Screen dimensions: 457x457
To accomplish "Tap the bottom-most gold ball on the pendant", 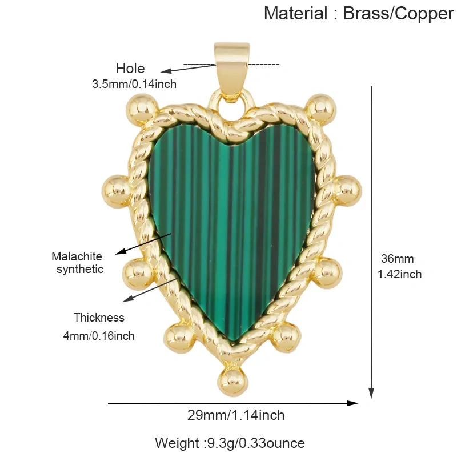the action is pyautogui.click(x=233, y=382).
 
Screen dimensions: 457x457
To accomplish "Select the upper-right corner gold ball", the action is pyautogui.click(x=322, y=109).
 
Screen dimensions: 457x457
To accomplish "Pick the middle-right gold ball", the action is pyautogui.click(x=347, y=191).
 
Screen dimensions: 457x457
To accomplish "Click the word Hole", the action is pyautogui.click(x=130, y=69).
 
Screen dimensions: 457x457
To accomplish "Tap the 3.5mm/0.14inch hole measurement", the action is pyautogui.click(x=134, y=84).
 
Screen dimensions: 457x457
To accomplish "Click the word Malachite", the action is pyautogui.click(x=77, y=256).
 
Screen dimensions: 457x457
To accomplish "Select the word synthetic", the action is pyautogui.click(x=80, y=269).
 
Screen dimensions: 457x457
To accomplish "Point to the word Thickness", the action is pyautogui.click(x=99, y=318).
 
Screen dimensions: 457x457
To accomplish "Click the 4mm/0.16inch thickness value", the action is pyautogui.click(x=99, y=336).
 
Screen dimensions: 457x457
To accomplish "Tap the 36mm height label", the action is pyautogui.click(x=398, y=259).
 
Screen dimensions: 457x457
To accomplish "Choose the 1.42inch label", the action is pyautogui.click(x=399, y=274).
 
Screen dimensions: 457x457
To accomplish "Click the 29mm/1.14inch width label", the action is pyautogui.click(x=236, y=415).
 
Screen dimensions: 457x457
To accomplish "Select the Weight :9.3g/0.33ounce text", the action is pyautogui.click(x=230, y=443).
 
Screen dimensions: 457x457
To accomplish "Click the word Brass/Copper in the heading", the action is pyautogui.click(x=398, y=14).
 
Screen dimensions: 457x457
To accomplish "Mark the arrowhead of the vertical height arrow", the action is pyautogui.click(x=371, y=393).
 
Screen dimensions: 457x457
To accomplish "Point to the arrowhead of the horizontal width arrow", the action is pyautogui.click(x=352, y=403).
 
